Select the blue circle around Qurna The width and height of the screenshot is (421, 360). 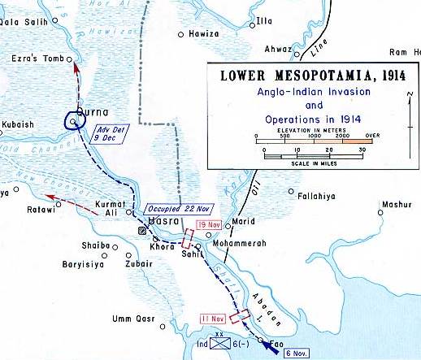pyautogui.click(x=75, y=122)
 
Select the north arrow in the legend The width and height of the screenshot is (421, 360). pyautogui.click(x=404, y=104)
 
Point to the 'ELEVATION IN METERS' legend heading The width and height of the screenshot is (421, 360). pyautogui.click(x=308, y=128)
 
